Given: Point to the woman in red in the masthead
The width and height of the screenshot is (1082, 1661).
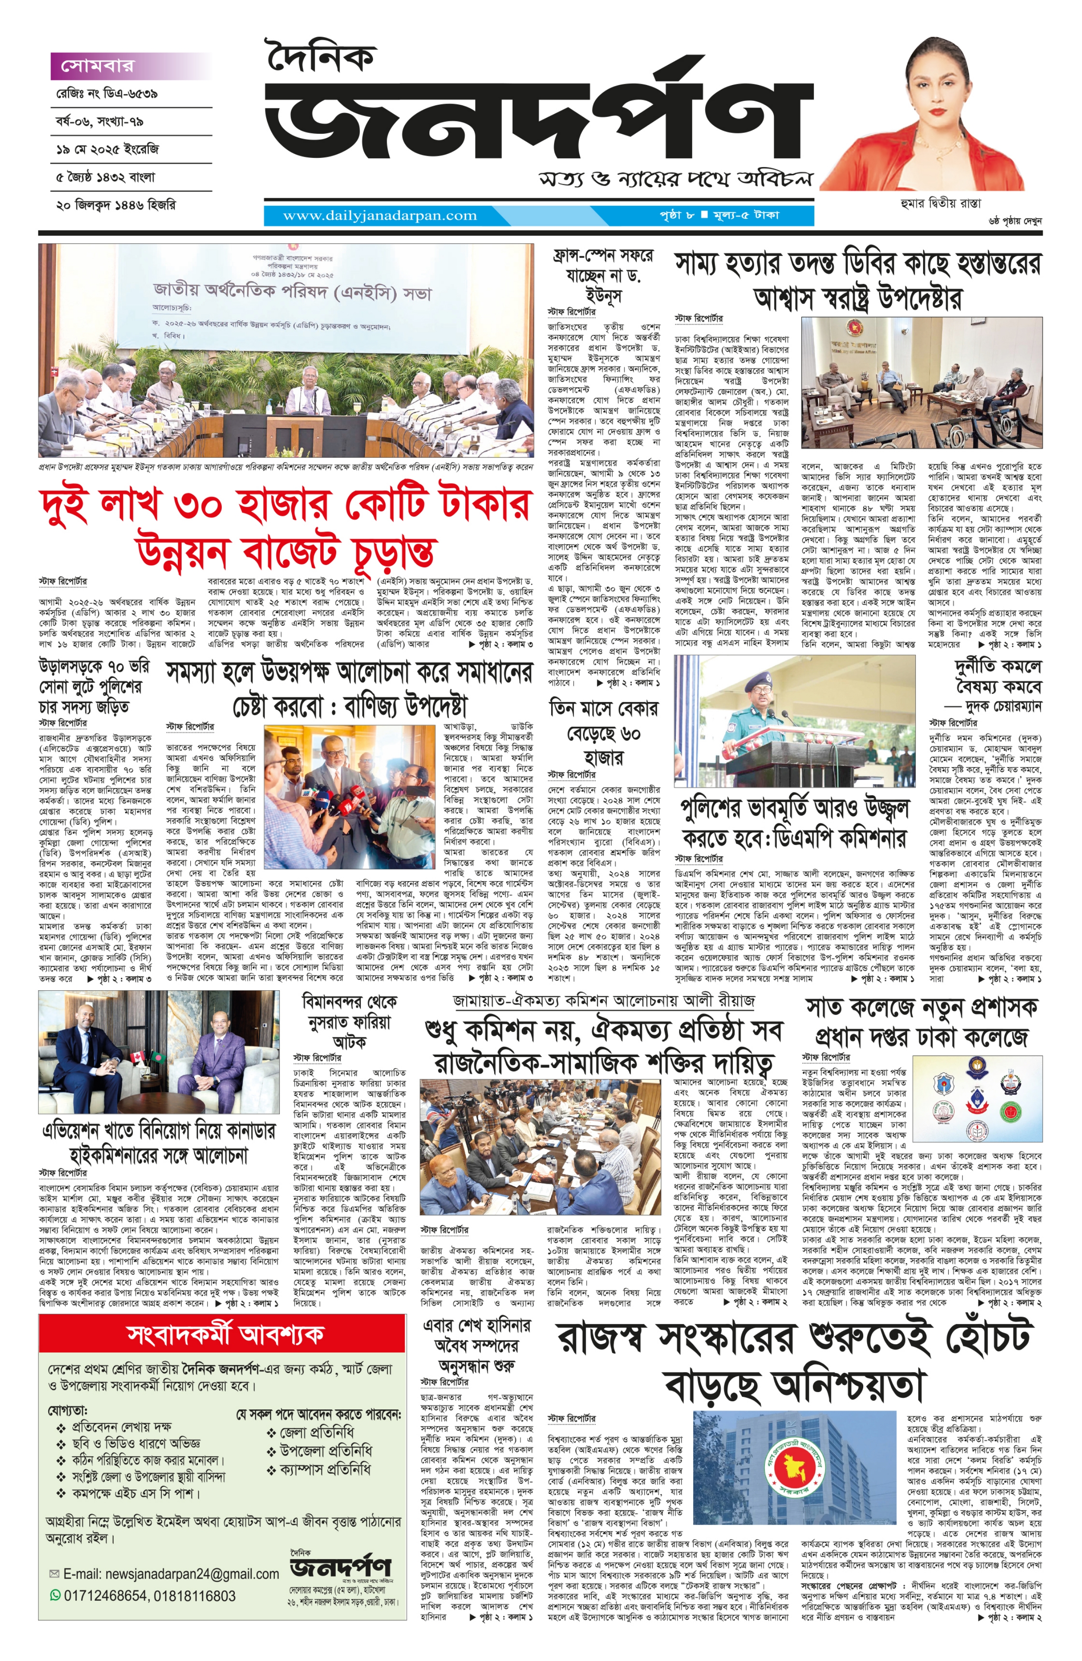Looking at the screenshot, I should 928,119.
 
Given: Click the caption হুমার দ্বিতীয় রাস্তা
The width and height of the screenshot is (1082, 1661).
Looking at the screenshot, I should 940,203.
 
